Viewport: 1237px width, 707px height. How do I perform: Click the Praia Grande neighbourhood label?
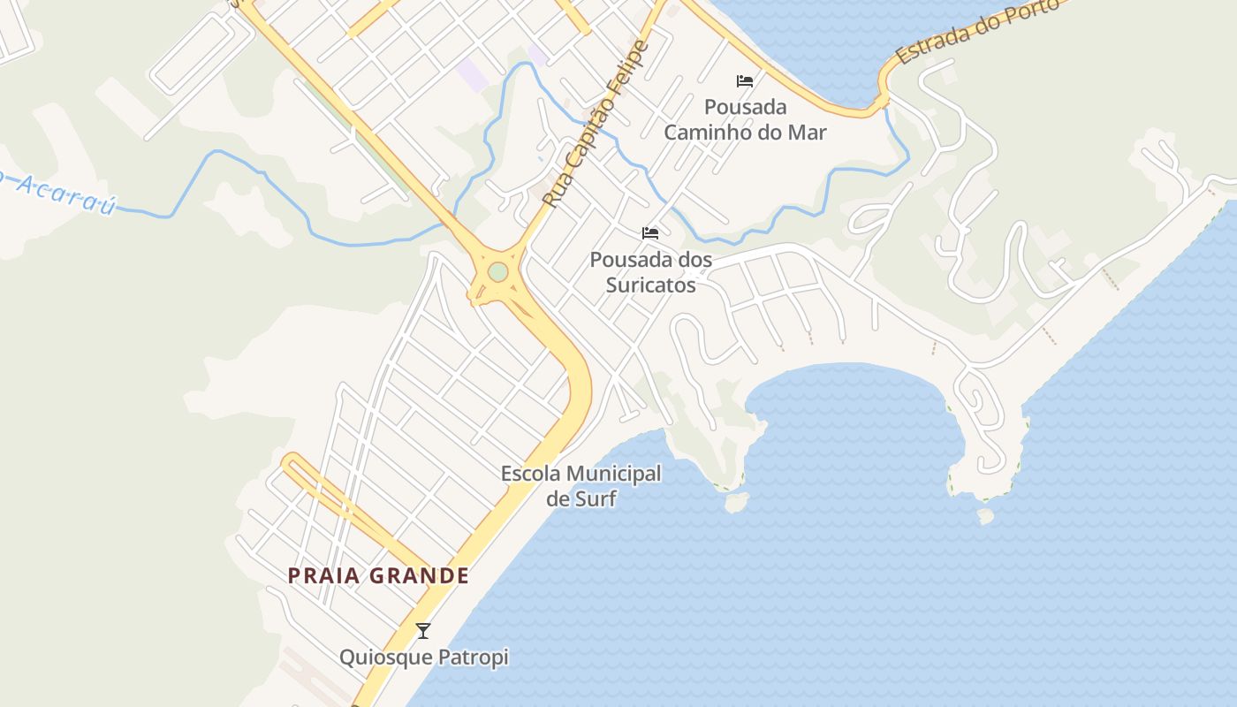point(378,575)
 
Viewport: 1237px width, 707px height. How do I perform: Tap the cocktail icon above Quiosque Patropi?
point(423,631)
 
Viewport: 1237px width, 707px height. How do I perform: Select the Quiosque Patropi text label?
point(424,658)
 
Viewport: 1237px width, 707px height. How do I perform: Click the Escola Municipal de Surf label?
point(581,485)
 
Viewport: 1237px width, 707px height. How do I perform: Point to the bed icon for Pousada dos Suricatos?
point(650,233)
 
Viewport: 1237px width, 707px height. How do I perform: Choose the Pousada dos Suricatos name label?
point(650,272)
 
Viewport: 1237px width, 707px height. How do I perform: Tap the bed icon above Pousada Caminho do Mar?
point(745,81)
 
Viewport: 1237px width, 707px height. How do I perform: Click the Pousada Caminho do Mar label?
point(745,120)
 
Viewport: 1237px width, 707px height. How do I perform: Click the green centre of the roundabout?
point(498,271)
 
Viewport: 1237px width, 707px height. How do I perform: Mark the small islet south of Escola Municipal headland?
point(735,502)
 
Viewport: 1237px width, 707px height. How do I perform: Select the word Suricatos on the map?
point(650,285)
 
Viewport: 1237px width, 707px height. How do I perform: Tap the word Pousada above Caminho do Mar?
point(745,107)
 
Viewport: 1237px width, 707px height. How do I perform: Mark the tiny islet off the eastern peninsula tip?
point(985,514)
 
